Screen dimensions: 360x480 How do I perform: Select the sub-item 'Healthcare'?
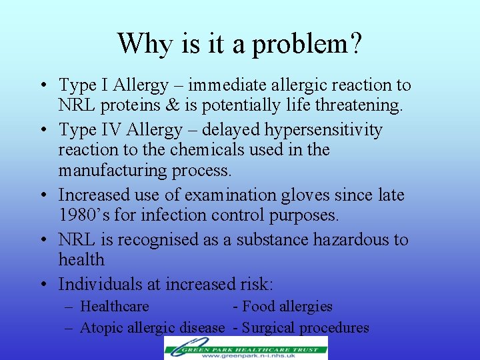114,307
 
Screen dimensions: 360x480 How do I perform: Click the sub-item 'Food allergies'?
287,307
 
